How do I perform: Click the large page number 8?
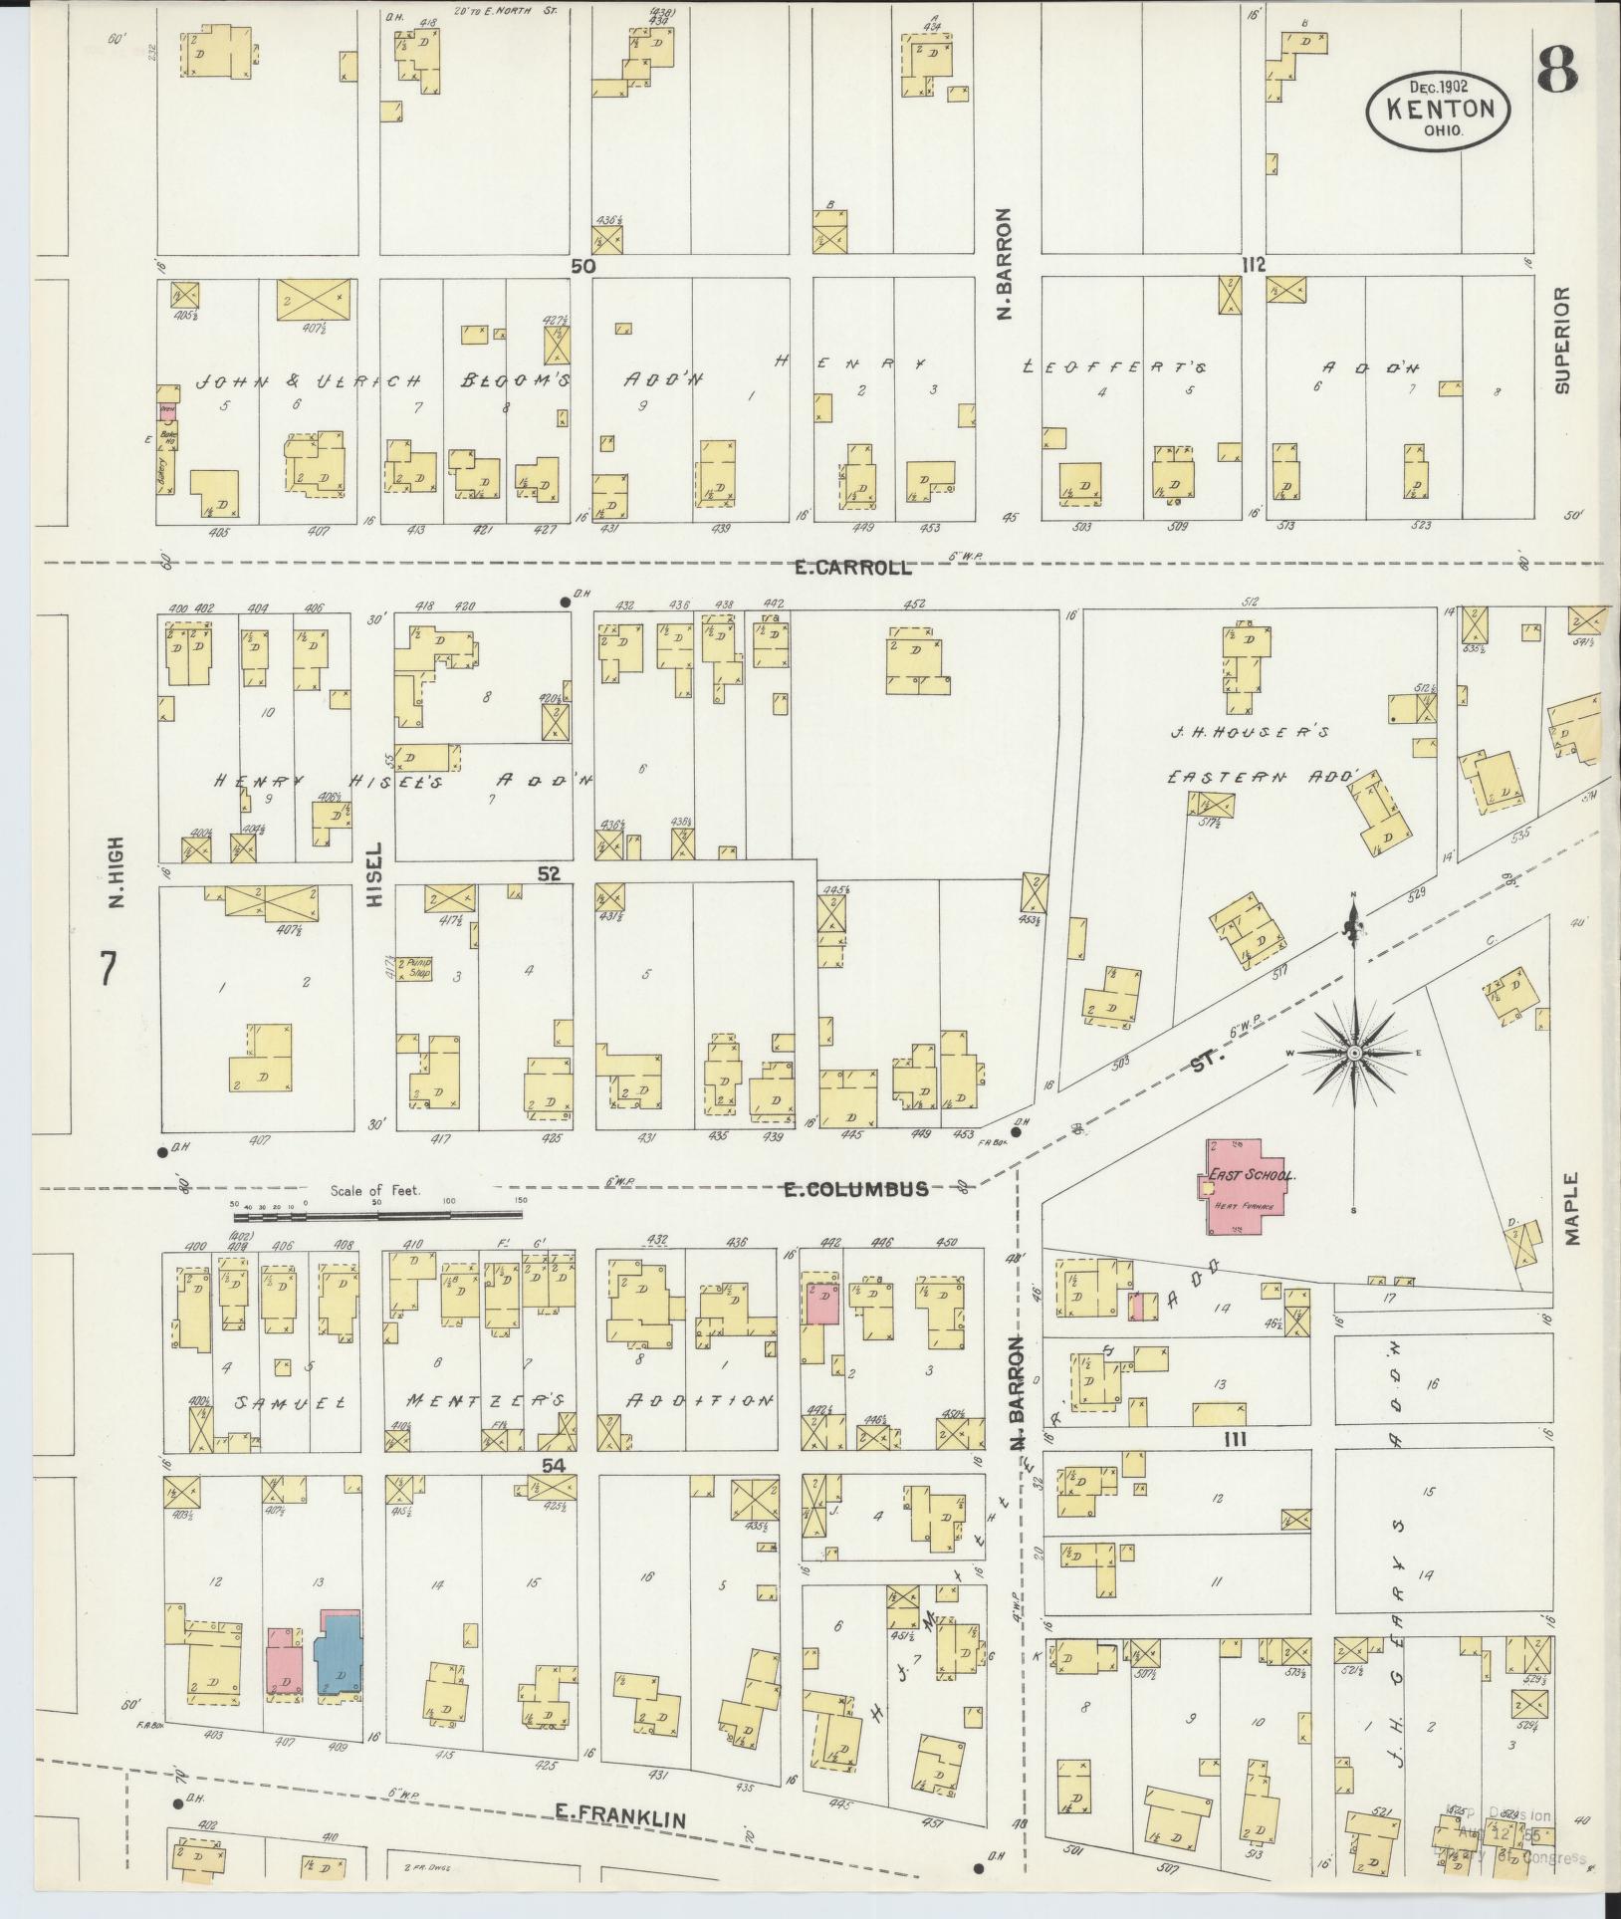(1556, 69)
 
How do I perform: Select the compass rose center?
(1355, 1052)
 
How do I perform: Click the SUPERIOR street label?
(1560, 341)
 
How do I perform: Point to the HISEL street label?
(374, 881)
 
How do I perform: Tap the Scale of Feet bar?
(378, 1214)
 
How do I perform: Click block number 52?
(549, 874)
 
